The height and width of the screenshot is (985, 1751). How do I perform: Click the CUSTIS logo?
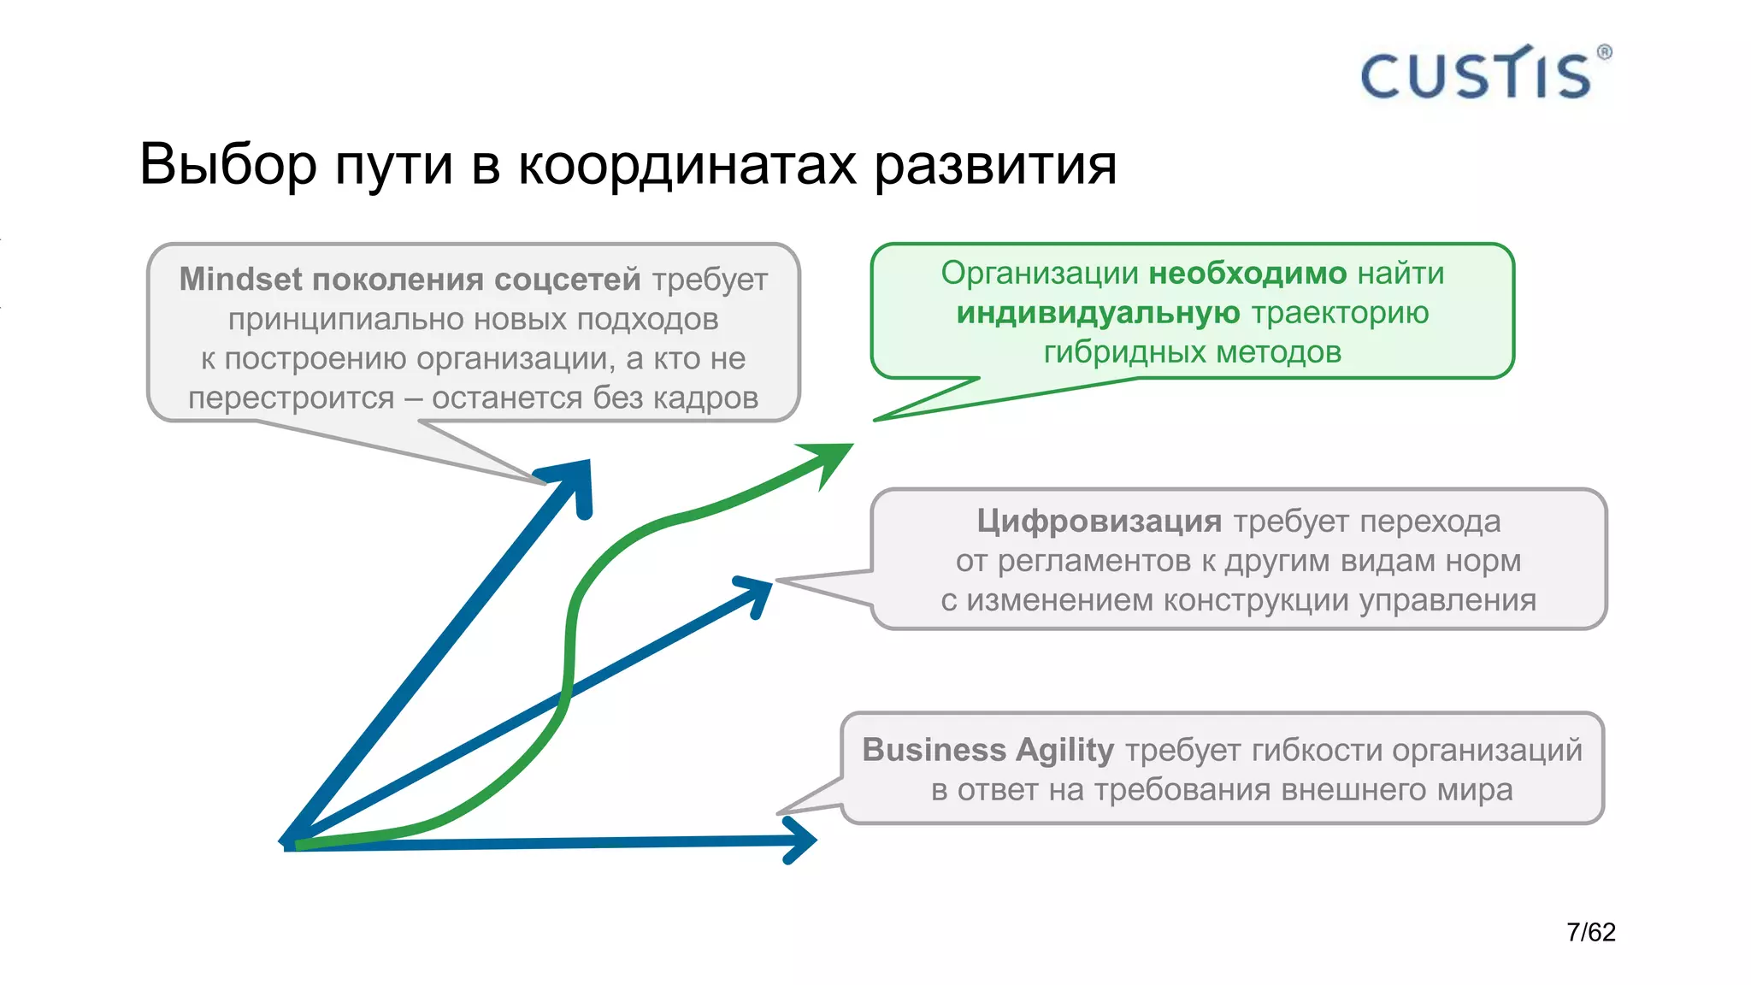[1476, 74]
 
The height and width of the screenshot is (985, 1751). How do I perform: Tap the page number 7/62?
[1590, 932]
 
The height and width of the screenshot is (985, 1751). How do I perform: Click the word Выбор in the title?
[227, 164]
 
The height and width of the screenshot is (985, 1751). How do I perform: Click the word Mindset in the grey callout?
[240, 280]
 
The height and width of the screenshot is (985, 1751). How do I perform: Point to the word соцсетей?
[567, 280]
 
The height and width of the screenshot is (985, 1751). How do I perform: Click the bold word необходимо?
[1247, 274]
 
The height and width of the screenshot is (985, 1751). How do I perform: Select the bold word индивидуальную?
[1098, 313]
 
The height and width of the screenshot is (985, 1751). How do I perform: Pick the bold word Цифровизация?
[1099, 521]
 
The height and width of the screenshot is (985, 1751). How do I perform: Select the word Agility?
[1064, 750]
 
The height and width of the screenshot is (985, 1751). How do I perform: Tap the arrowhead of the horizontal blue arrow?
[802, 840]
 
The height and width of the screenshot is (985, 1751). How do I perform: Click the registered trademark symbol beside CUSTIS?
[1604, 52]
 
